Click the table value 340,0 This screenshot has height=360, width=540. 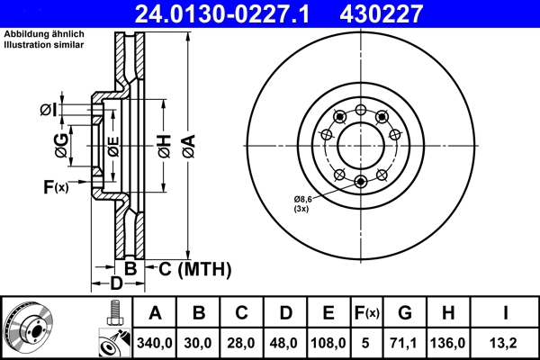pos(155,344)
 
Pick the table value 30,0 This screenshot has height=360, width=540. pos(199,344)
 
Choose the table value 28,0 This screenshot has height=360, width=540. pos(242,344)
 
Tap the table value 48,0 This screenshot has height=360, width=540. pos(285,344)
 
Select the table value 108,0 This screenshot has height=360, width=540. pos(328,344)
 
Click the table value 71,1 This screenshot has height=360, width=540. pos(405,344)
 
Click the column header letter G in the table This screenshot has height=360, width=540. pos(405,314)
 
